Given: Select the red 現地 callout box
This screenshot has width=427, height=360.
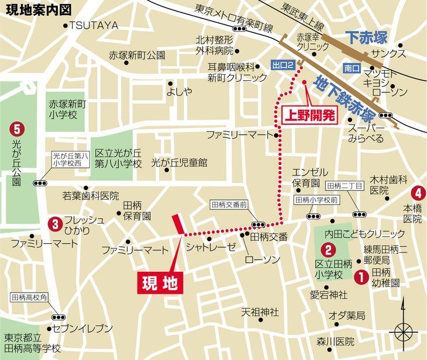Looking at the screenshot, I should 163,282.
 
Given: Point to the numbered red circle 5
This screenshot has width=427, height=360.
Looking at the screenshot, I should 16,126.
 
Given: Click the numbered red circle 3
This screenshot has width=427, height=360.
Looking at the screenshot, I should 55,222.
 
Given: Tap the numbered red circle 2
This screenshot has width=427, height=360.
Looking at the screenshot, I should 328,251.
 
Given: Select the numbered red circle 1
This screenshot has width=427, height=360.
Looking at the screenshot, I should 360,277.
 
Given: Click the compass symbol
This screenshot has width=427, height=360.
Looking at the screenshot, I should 403,333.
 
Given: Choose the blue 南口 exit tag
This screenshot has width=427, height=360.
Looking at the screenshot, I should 352,68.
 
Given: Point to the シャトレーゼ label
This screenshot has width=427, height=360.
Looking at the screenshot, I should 211,247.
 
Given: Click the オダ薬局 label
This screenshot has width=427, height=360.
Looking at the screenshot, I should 346,315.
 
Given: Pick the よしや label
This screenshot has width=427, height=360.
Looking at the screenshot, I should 179,91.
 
